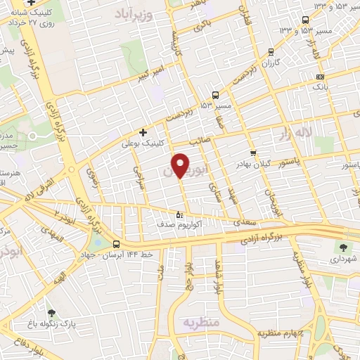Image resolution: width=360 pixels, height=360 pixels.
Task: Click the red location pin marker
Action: pos(181,165)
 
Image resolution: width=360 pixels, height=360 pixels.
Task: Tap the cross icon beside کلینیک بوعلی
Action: pos(143,131)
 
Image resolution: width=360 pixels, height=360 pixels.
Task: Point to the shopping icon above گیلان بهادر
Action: pos(253,153)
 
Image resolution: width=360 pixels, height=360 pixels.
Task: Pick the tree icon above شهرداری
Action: pos(343,247)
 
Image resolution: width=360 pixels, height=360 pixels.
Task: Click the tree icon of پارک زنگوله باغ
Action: pos(51,312)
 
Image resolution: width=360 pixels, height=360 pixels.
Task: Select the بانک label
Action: pos(321,86)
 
